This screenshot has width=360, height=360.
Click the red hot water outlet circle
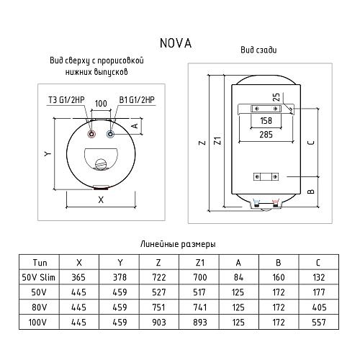pos(91,134)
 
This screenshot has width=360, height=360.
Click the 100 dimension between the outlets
pos(100,105)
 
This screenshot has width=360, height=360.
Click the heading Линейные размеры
pos(180,246)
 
